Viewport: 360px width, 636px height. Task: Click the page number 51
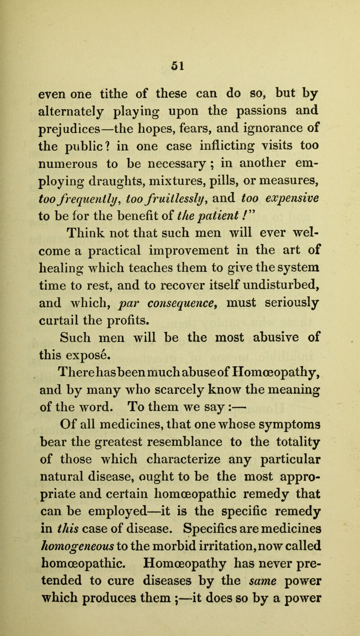(180, 39)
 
